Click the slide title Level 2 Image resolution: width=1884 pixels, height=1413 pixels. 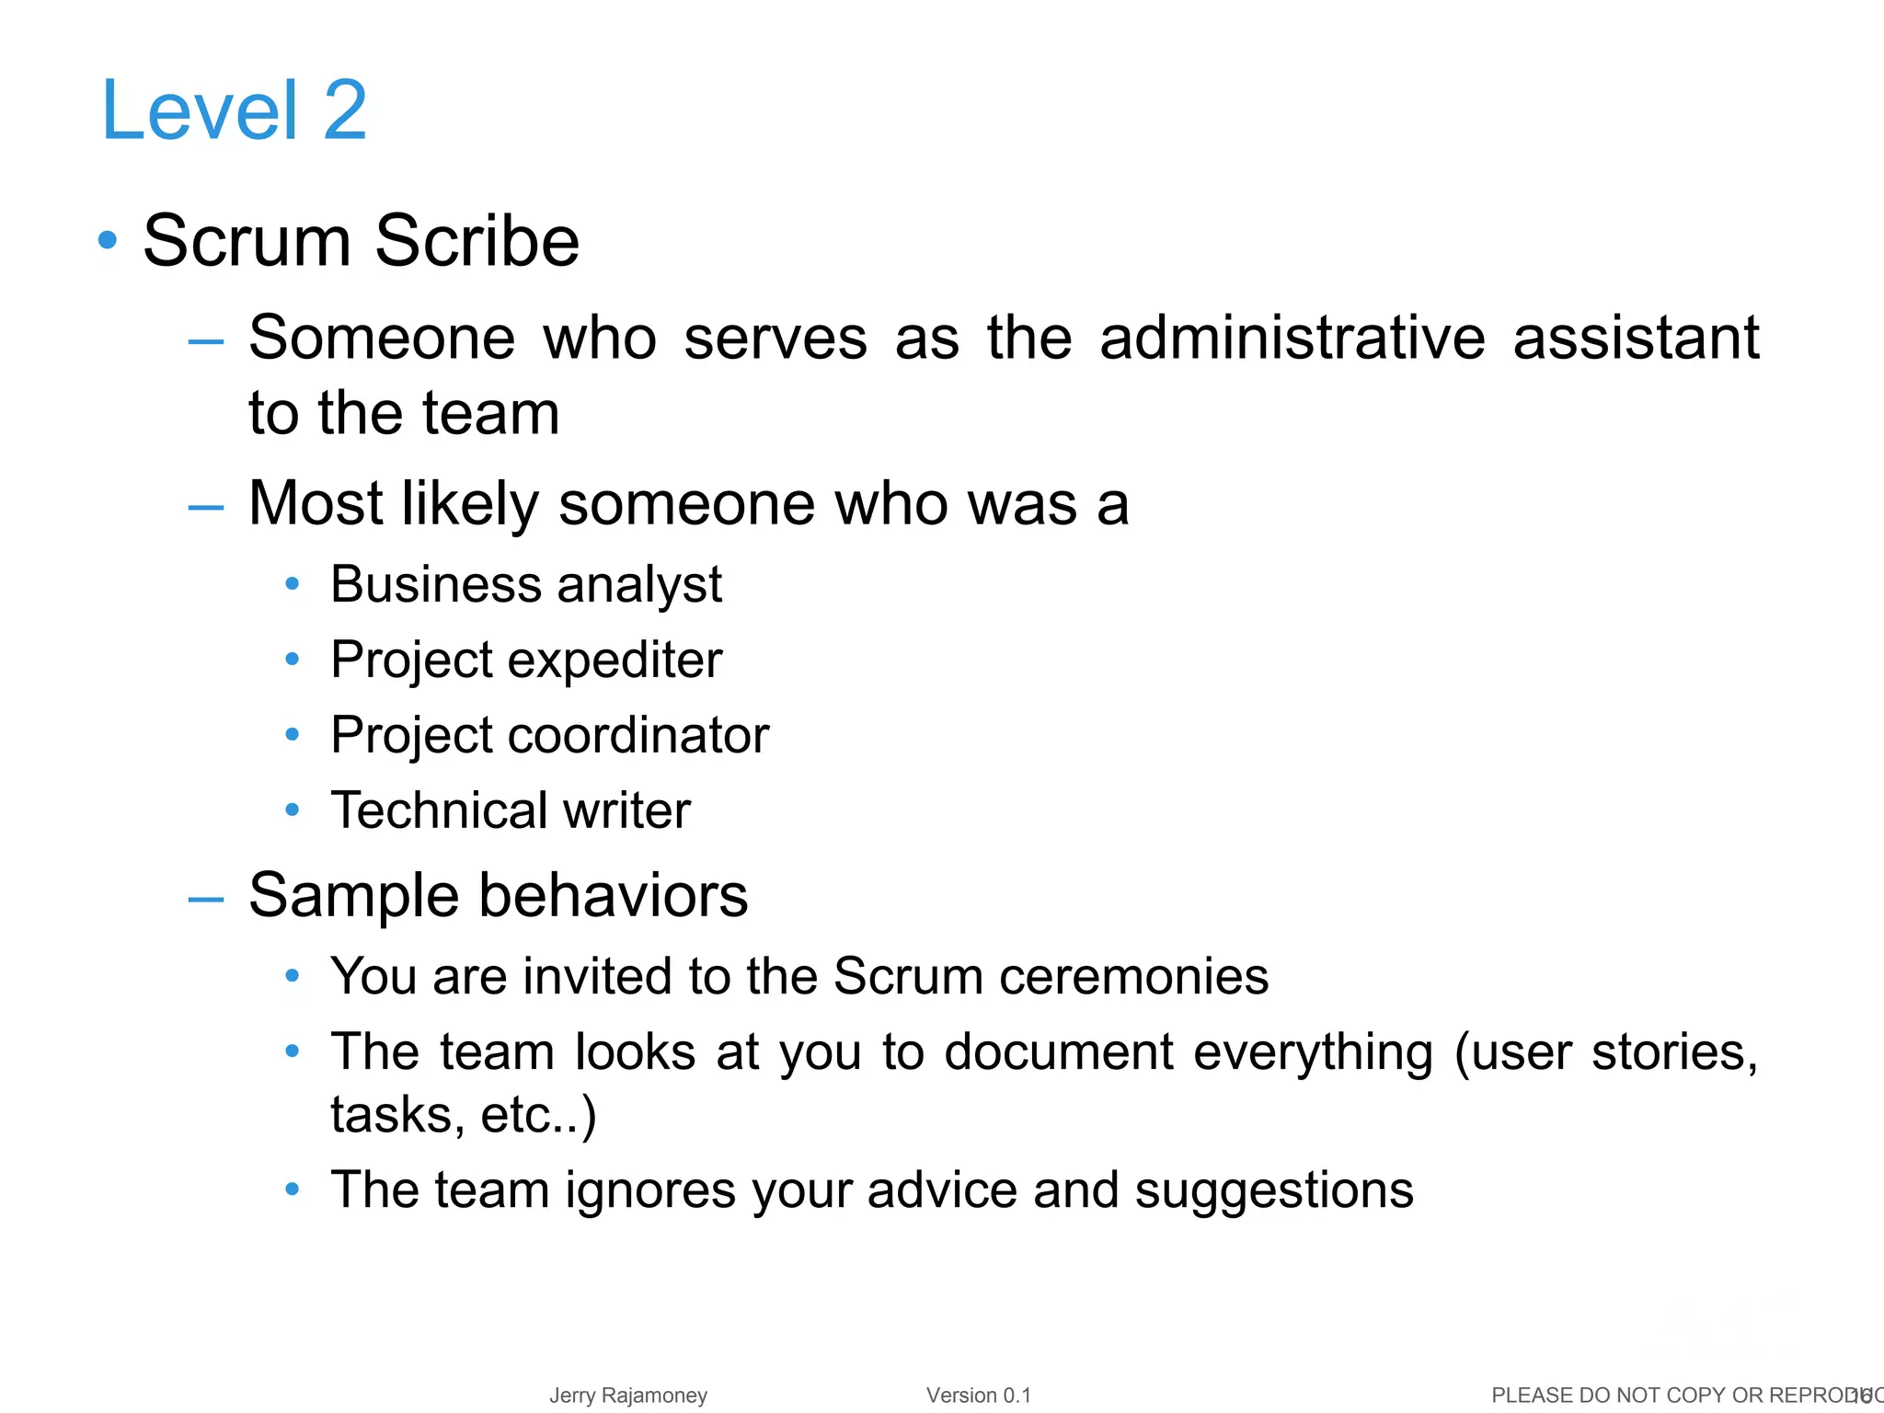pyautogui.click(x=235, y=110)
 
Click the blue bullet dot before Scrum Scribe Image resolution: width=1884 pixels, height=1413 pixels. pyautogui.click(x=108, y=240)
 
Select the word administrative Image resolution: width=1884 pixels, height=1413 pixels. pyautogui.click(x=1292, y=338)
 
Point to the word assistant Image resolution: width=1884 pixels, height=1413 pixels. pyautogui.click(x=1636, y=338)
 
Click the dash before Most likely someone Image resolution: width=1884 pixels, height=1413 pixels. pyautogui.click(x=205, y=506)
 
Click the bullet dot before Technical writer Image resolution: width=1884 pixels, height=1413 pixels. pyautogui.click(x=293, y=810)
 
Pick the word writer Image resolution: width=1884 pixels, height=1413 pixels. pyautogui.click(x=626, y=810)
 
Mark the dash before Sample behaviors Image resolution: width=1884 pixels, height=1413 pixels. pyautogui.click(x=205, y=899)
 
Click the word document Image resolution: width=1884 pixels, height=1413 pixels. pyautogui.click(x=1059, y=1051)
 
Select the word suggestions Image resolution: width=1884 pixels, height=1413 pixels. pyautogui.click(x=1273, y=1190)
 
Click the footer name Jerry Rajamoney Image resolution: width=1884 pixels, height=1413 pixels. pyautogui.click(x=628, y=1396)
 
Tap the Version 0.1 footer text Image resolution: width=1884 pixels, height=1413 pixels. pyautogui.click(x=978, y=1396)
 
